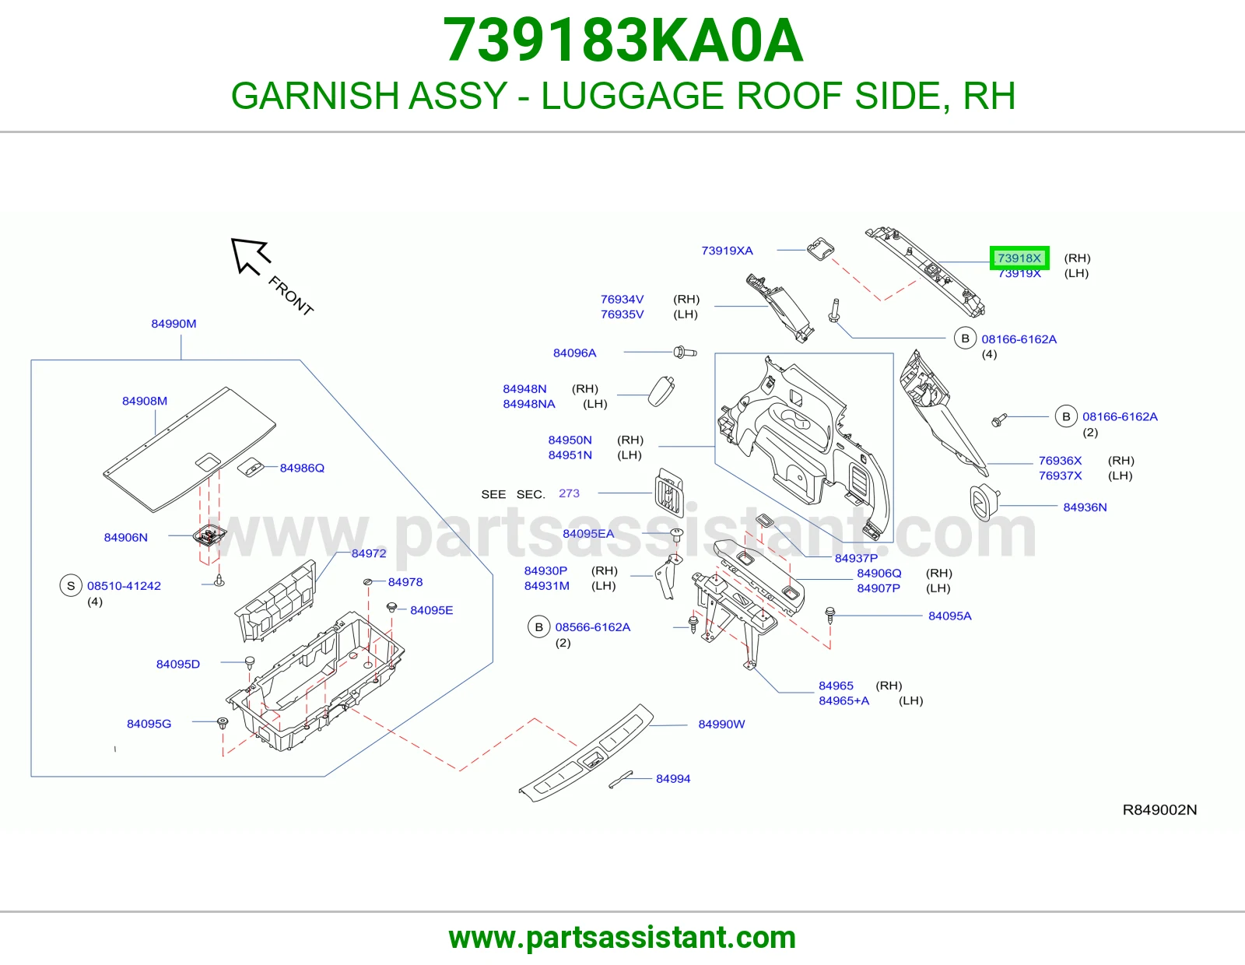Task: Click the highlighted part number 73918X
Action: (1019, 258)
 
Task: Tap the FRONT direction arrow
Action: (249, 255)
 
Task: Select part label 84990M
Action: (174, 324)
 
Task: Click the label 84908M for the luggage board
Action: (145, 401)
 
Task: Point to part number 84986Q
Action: (302, 468)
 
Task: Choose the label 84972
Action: (369, 553)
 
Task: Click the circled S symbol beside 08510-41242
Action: (71, 586)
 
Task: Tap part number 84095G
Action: (149, 724)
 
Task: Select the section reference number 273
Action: (569, 493)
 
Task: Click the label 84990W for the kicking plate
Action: (721, 725)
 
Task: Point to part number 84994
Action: (673, 779)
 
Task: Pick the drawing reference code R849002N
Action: (1159, 809)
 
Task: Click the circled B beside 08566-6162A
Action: (538, 627)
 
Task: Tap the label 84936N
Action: (1085, 507)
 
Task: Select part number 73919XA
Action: (727, 251)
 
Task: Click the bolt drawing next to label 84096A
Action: (686, 352)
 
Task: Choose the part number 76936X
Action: (1061, 461)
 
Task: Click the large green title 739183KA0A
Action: (622, 40)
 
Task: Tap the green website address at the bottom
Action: (622, 938)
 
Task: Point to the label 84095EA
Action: (588, 534)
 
